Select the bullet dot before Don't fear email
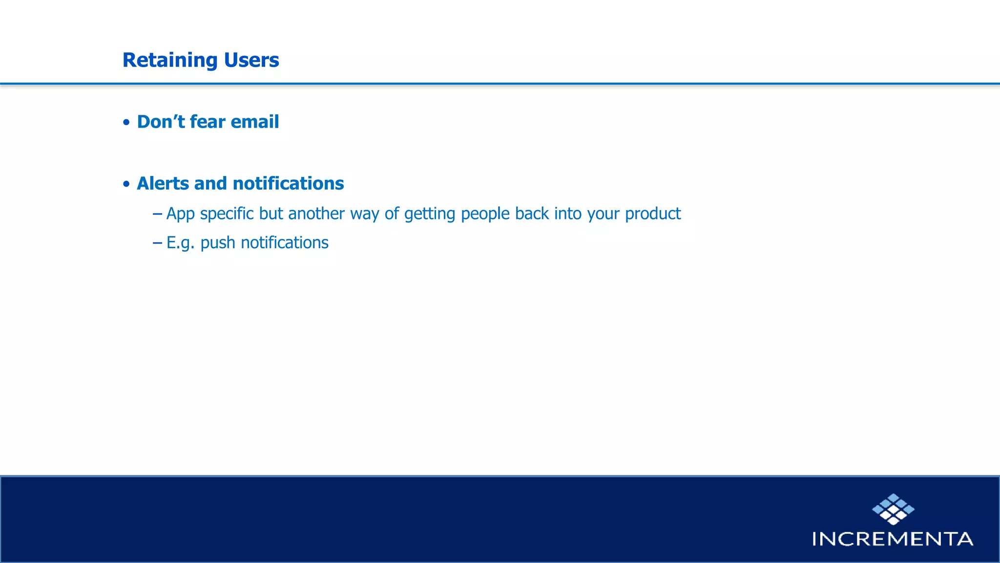coord(126,122)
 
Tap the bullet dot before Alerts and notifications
coord(126,184)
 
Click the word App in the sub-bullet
coord(180,214)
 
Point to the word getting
coord(430,214)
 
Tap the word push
coord(218,243)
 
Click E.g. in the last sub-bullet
coord(180,243)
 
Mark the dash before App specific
coord(157,214)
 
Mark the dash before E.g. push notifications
coord(157,242)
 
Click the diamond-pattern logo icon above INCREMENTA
coord(893,509)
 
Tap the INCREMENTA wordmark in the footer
coord(893,539)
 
